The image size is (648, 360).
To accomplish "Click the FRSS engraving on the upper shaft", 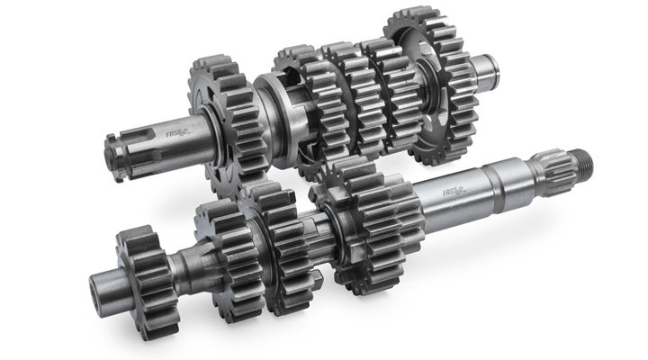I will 175,135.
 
